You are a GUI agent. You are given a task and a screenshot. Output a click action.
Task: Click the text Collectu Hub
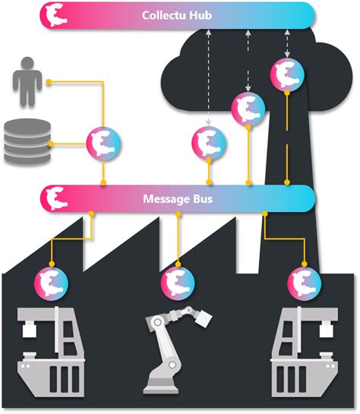177,15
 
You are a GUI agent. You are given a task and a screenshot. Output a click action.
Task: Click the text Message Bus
177,198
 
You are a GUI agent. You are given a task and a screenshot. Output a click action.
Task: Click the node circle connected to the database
103,142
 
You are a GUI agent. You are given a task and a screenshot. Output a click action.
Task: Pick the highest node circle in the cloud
287,74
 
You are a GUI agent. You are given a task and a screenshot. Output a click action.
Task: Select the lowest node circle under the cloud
207,142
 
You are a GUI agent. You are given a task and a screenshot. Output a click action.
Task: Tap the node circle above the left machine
51,283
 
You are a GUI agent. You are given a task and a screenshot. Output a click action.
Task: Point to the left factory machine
47,349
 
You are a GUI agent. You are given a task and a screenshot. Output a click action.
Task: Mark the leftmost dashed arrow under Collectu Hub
207,76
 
